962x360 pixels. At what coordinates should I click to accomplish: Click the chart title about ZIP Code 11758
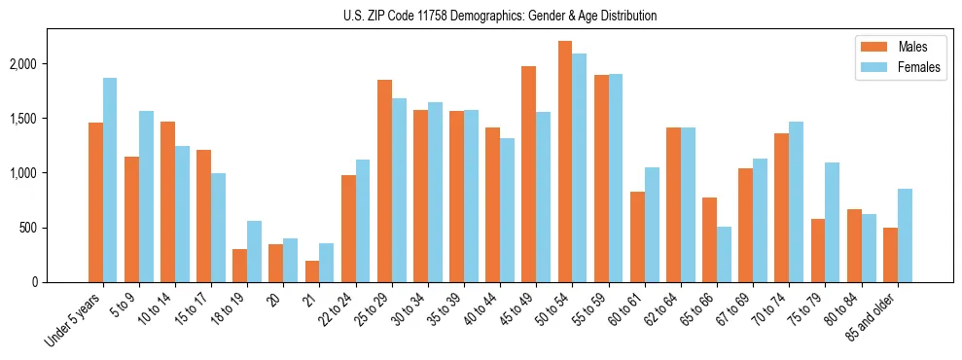point(500,16)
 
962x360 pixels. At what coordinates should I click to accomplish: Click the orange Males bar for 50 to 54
point(564,162)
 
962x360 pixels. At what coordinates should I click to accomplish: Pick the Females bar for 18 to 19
point(254,251)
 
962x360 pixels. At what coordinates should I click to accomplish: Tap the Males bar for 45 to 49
point(528,174)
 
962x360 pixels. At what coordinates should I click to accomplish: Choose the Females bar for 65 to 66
point(724,254)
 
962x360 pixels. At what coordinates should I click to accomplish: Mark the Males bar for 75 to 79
point(818,250)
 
